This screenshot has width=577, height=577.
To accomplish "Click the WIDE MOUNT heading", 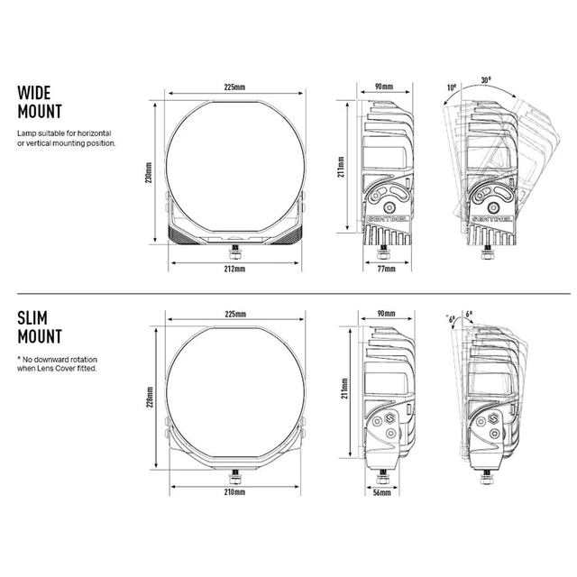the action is pos(40,102).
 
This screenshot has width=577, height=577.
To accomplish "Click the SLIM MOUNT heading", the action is pos(40,327).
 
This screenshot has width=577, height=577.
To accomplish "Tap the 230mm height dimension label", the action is pos(148,172).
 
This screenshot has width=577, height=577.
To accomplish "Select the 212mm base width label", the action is pos(234,269).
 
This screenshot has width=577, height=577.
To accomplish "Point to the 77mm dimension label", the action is pos(386,269).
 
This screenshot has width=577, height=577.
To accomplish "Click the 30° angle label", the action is pos(486,80).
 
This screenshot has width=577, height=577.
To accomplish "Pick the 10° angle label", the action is pos(452,87).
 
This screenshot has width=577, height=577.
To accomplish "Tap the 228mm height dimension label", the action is pos(150,397).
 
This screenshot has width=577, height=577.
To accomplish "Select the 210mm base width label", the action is pos(234,492).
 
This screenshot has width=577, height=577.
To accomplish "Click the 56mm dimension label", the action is pos(382,492).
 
